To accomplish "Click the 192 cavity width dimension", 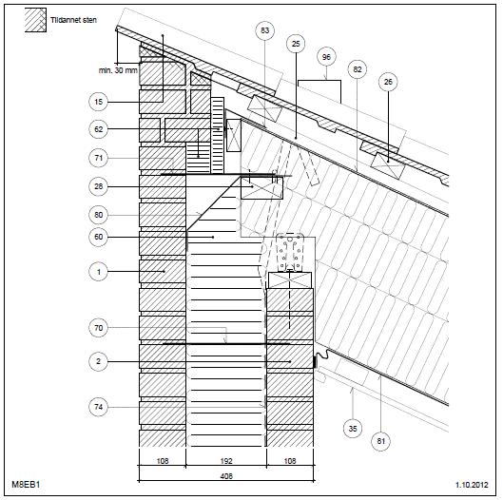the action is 226,461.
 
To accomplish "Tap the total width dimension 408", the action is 226,476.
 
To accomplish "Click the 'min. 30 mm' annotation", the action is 118,70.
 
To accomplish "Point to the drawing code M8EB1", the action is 26,484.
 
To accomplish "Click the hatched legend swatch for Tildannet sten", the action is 35,20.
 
